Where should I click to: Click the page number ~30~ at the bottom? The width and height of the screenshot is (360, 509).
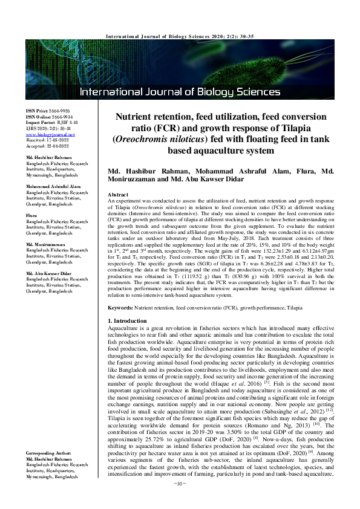[x=179, y=501]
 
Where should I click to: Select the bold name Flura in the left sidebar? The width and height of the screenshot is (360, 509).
[x=31, y=215]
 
